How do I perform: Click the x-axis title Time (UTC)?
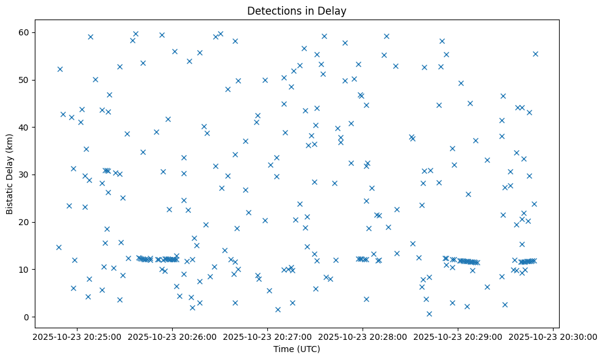click(x=297, y=350)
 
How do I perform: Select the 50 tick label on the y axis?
click(x=26, y=80)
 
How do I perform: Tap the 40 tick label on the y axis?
click(x=26, y=127)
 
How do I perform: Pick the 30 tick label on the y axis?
click(x=26, y=175)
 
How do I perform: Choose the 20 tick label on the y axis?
click(x=26, y=222)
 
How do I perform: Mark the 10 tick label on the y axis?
click(x=26, y=269)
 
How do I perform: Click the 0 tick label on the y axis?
click(x=28, y=317)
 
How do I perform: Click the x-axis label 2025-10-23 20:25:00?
click(x=76, y=336)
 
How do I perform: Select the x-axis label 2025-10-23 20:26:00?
click(x=172, y=336)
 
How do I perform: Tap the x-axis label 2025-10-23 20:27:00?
click(x=267, y=336)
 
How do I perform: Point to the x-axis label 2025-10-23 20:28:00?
click(x=363, y=336)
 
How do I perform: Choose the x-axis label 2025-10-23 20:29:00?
click(x=458, y=336)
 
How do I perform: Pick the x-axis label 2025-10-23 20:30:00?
click(x=553, y=336)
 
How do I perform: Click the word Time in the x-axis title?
click(x=283, y=350)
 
